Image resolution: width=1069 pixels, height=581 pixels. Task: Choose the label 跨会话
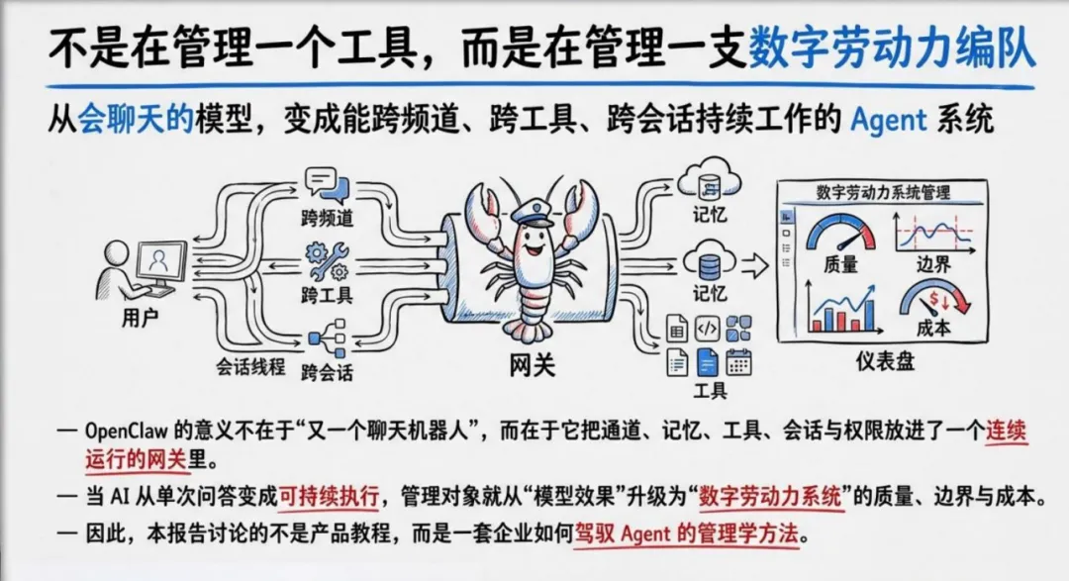point(328,373)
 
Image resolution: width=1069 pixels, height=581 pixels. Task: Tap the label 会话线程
point(250,366)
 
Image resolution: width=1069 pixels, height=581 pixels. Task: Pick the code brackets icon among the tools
point(707,328)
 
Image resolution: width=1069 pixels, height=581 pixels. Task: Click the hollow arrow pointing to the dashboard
point(754,264)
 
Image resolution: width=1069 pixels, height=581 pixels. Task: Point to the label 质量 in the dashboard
point(840,265)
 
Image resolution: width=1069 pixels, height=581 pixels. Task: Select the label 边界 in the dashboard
point(929,265)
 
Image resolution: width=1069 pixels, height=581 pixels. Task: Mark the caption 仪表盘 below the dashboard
point(885,361)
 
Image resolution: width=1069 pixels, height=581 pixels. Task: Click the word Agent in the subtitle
point(889,122)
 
